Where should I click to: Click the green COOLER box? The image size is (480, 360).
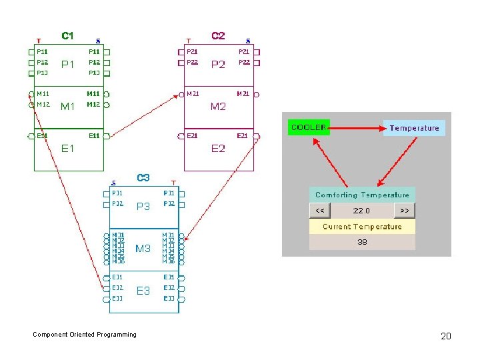click(309, 127)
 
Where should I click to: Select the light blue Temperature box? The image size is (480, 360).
click(414, 128)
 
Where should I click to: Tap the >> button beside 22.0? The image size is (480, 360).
click(405, 211)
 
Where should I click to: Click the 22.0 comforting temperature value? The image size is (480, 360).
click(361, 211)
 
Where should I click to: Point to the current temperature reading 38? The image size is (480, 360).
click(362, 242)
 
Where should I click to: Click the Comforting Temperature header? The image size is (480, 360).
click(362, 195)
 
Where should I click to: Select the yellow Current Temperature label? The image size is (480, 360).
click(362, 227)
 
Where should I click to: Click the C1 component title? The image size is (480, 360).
click(68, 36)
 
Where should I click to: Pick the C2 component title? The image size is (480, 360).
click(218, 36)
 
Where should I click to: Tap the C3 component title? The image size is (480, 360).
click(143, 178)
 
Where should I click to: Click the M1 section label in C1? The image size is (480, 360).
click(68, 106)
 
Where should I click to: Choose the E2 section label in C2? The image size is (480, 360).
click(218, 149)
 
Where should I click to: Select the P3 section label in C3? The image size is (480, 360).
click(143, 207)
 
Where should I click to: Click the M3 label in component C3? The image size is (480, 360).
click(143, 249)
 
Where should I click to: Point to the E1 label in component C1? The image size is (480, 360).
click(68, 149)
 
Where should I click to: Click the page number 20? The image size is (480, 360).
click(446, 336)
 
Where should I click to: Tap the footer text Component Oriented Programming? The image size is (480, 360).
click(85, 335)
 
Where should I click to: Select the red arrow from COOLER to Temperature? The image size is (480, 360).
click(357, 127)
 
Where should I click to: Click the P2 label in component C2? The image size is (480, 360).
click(218, 65)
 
